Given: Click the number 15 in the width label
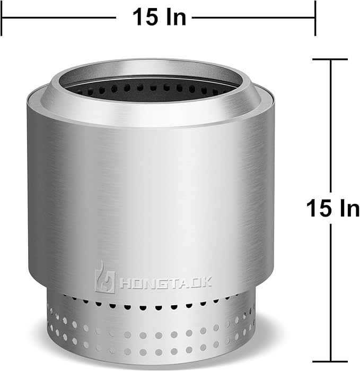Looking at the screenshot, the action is [146, 17].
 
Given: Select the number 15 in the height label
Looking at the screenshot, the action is [319, 208].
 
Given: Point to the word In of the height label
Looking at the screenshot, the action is [349, 208].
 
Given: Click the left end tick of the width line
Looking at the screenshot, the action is [2, 18].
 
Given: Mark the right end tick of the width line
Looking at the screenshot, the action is [315, 18].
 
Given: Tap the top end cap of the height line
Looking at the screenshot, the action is [330, 59].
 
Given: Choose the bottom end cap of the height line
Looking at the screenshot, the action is [330, 361].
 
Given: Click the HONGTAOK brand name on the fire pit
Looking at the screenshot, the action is [165, 282].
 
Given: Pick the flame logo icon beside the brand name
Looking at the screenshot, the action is [104, 277].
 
